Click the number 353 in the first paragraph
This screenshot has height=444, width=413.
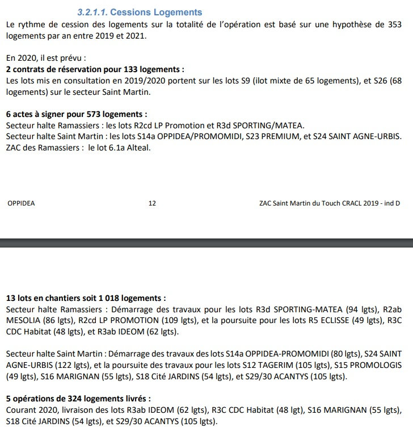(x=393, y=24)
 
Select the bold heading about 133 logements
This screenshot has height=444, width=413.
(x=95, y=69)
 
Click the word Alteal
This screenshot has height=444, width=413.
(x=138, y=148)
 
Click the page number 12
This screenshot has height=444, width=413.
(x=152, y=203)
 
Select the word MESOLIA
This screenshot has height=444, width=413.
(x=24, y=320)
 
